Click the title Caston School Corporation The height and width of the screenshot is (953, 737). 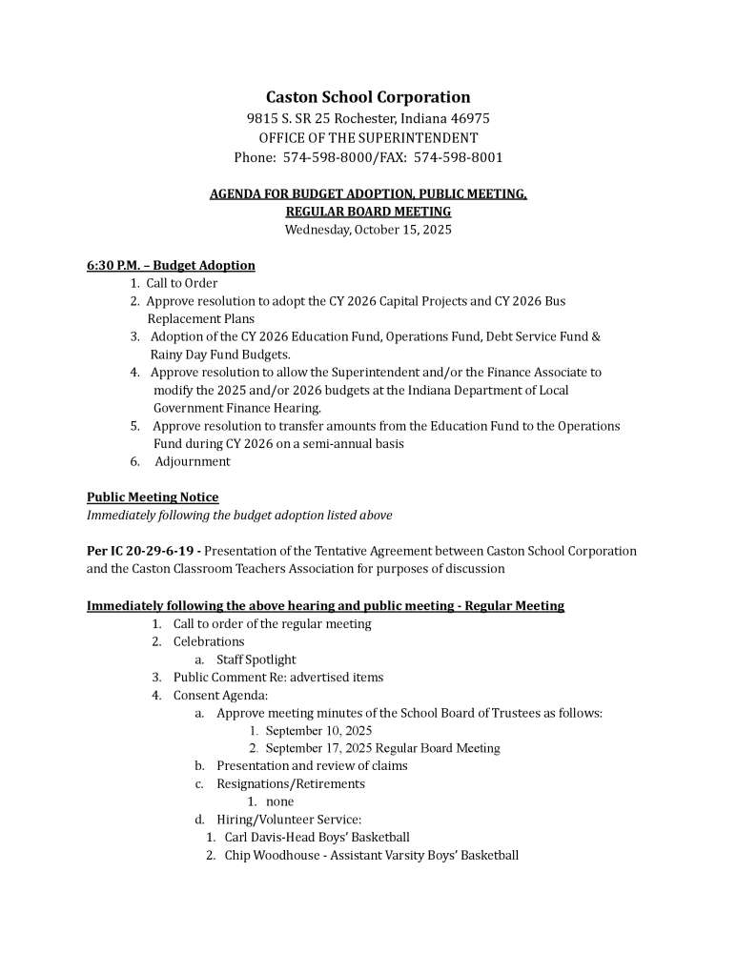point(368,97)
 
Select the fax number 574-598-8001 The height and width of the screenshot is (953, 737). point(459,157)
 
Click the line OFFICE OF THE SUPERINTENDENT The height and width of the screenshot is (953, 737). point(368,138)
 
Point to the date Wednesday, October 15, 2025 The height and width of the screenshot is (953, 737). point(368,230)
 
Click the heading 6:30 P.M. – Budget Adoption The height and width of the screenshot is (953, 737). point(171,265)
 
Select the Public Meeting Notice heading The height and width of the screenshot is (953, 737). point(153,497)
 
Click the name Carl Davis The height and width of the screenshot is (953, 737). point(254,838)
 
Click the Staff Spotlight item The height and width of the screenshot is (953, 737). point(256,659)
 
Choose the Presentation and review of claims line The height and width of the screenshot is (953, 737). point(312,766)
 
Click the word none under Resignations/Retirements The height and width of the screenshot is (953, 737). point(279,802)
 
